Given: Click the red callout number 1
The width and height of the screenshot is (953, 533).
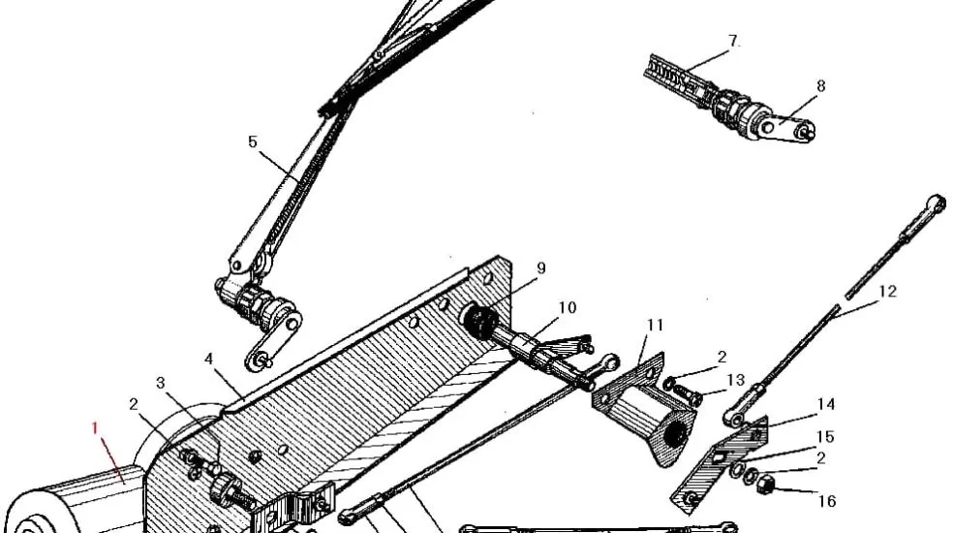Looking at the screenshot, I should tap(96, 426).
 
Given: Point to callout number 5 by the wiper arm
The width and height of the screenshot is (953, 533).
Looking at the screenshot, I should tap(253, 141).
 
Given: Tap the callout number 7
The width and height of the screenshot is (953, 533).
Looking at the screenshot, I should tap(734, 42).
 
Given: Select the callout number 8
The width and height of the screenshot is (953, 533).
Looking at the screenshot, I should tap(821, 86).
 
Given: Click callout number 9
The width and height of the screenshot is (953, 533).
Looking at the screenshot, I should tap(541, 268).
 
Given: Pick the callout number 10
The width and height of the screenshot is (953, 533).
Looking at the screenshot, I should tap(568, 307).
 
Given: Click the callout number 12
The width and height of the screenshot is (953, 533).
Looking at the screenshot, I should tap(887, 290).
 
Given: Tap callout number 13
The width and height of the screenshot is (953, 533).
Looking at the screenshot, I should tap(736, 380).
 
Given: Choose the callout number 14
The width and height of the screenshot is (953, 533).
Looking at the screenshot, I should tap(825, 404).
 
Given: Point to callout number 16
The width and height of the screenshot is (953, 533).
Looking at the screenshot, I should tap(827, 501).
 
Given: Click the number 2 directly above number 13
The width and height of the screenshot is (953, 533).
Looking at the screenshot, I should tap(722, 357).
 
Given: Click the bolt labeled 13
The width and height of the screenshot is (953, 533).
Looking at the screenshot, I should tap(685, 393).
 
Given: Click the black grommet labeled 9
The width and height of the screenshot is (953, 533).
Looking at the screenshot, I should tap(479, 321).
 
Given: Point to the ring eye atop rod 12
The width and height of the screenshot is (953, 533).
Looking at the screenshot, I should tap(937, 202).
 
